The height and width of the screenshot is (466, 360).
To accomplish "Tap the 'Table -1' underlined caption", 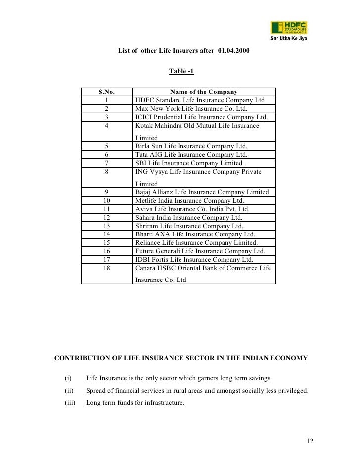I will pyautogui.click(x=181, y=71).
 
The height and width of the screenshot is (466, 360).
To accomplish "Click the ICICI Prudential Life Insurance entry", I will pyautogui.click(x=201, y=117).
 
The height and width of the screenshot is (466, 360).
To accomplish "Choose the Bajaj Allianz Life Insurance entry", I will pyautogui.click(x=202, y=192).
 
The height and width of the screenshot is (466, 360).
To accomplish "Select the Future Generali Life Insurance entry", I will pyautogui.click(x=200, y=251).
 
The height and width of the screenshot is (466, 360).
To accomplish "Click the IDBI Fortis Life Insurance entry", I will pyautogui.click(x=194, y=259).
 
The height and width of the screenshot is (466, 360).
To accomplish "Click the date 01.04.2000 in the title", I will pyautogui.click(x=233, y=51).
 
